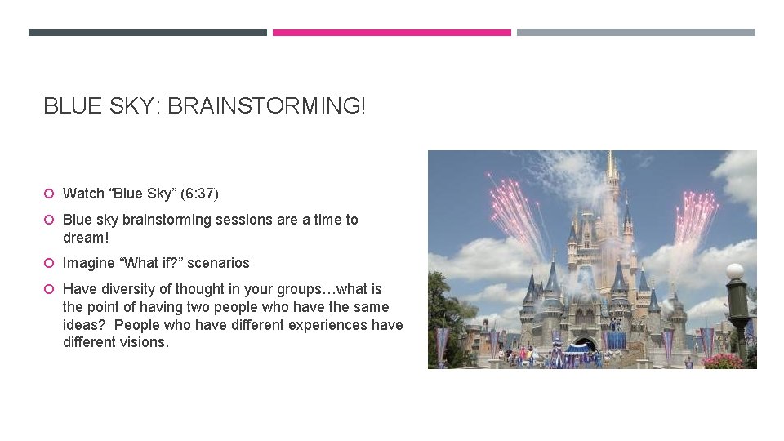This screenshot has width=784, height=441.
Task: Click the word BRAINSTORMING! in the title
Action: point(267,105)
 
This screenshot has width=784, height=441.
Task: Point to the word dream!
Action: point(85,238)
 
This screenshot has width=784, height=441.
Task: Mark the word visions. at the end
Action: point(145,342)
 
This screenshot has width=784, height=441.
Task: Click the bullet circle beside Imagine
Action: point(49,263)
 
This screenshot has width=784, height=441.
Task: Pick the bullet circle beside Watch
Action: point(49,194)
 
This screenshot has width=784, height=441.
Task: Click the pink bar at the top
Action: point(391,33)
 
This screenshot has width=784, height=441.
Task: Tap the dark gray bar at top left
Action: point(148,33)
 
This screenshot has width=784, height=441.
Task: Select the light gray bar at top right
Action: point(635,33)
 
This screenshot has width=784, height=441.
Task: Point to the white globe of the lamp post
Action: point(735,271)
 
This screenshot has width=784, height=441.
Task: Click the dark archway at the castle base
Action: point(584,344)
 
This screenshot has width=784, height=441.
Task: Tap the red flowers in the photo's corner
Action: point(723,360)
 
